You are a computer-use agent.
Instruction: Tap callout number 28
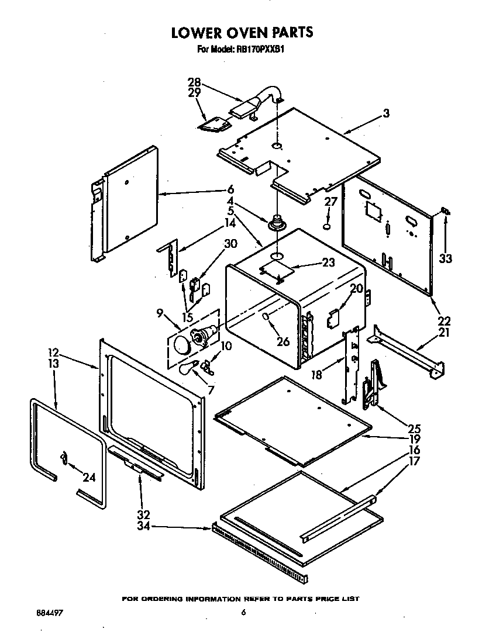click(194, 82)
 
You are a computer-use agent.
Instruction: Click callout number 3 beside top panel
click(386, 113)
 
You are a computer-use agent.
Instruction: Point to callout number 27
click(331, 202)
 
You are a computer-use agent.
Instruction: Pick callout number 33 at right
click(446, 258)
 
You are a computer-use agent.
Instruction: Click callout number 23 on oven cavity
click(328, 262)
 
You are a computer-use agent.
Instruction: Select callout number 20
click(356, 288)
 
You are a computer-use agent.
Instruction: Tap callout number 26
click(283, 341)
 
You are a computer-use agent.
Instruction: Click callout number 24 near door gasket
click(88, 478)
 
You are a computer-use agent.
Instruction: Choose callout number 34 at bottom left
click(143, 527)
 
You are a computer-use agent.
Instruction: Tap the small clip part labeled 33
click(445, 210)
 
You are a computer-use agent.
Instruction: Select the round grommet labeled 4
click(276, 224)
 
